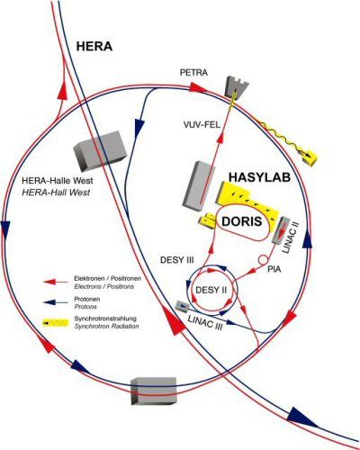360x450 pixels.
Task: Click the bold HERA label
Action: click(94, 47)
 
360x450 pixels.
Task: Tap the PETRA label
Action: click(193, 73)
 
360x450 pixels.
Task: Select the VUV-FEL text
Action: click(202, 125)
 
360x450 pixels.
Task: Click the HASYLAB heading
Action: click(259, 177)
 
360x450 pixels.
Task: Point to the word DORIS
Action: click(242, 221)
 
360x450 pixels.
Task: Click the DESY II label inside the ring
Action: click(211, 290)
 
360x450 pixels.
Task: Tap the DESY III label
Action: click(177, 260)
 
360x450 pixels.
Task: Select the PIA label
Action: click(274, 269)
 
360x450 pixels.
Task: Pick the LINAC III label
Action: click(205, 323)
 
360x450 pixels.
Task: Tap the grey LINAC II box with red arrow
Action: click(281, 229)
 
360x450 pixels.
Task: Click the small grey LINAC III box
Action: click(182, 306)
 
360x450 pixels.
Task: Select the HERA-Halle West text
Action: click(58, 181)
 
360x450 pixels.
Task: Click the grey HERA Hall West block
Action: click(100, 151)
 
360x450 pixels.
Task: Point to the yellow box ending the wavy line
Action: click(310, 157)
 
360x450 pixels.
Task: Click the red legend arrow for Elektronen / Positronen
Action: click(56, 282)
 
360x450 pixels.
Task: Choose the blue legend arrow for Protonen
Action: click(56, 302)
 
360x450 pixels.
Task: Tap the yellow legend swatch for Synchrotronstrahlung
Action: click(55, 323)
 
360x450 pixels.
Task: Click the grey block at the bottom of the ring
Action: click(153, 391)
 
